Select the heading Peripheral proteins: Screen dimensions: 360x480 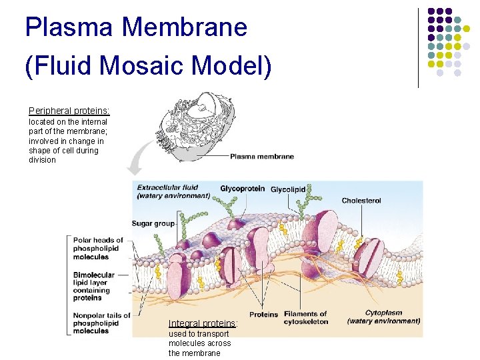[x=69, y=111]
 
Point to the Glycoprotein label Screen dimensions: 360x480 [x=242, y=189]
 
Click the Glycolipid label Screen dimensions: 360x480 [x=287, y=189]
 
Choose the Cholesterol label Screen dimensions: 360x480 [x=361, y=201]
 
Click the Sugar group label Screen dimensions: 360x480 [x=153, y=223]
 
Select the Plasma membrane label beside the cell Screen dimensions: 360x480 [x=262, y=157]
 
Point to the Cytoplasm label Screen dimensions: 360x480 [x=383, y=317]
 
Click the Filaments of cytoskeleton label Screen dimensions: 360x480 [x=305, y=317]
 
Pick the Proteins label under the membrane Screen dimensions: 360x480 [x=263, y=315]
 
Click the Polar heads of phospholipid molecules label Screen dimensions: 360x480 [x=98, y=248]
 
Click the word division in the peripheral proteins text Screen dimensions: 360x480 [x=43, y=160]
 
